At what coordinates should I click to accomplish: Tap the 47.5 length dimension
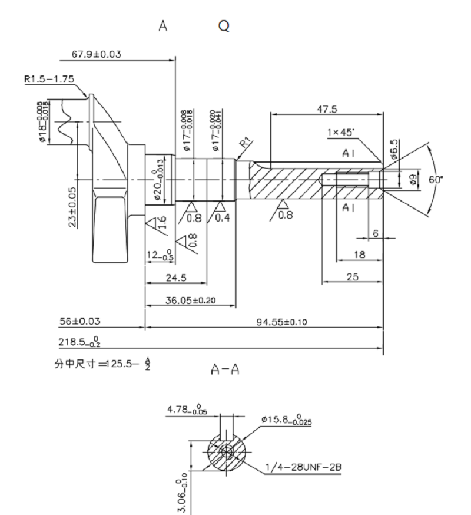click(323, 109)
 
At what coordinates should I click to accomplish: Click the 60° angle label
click(436, 180)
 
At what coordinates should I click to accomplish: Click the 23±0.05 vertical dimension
click(72, 207)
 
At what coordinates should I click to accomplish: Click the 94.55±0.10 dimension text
click(282, 322)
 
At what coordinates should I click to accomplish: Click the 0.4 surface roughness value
click(222, 218)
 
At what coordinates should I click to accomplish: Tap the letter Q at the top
click(223, 26)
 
